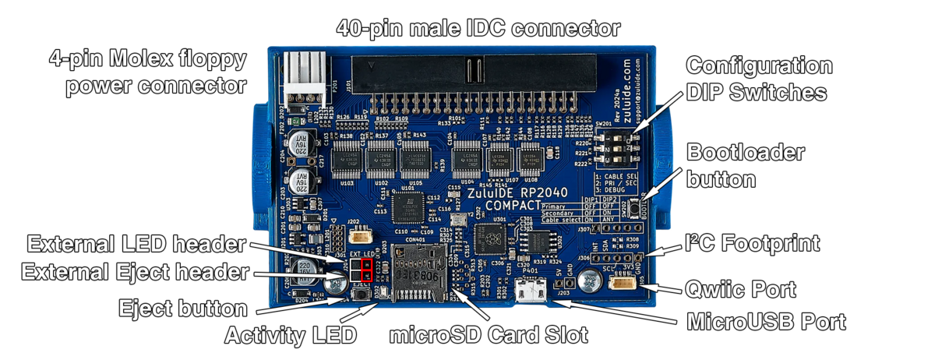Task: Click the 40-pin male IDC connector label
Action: coord(478,28)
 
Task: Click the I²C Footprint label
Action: coord(752,243)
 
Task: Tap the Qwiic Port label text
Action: coord(741,290)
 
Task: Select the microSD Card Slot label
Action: coord(489,336)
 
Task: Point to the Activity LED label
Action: coord(291,336)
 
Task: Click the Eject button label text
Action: coord(184,308)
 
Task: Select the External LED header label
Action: coord(136,245)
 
